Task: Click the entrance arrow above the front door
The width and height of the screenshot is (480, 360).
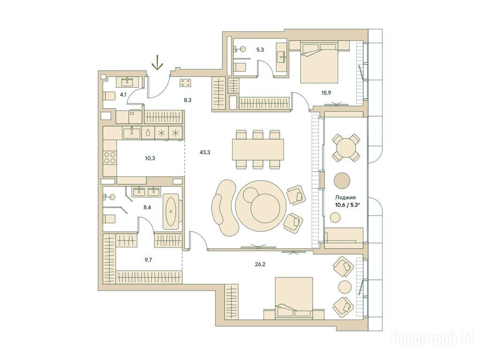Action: (157, 62)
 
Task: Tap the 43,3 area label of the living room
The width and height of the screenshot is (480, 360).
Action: (204, 152)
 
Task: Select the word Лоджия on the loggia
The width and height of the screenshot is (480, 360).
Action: (343, 197)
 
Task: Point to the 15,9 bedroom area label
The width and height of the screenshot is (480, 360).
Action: (326, 93)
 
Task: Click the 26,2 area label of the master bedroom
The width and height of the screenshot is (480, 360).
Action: (260, 264)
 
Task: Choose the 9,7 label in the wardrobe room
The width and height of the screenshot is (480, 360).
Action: (148, 260)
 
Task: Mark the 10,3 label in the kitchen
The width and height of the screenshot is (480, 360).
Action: (150, 158)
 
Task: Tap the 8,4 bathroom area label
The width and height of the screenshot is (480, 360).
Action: (147, 207)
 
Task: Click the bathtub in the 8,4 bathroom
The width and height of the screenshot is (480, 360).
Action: (171, 211)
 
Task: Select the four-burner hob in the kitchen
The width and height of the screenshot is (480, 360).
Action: (110, 157)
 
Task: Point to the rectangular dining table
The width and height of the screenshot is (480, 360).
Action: (258, 150)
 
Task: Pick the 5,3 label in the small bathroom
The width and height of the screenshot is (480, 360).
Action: (260, 50)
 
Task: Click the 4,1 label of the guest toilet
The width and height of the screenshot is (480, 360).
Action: (123, 95)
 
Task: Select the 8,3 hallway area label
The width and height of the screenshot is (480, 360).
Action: (187, 99)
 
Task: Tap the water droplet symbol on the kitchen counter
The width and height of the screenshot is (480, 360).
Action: (148, 133)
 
